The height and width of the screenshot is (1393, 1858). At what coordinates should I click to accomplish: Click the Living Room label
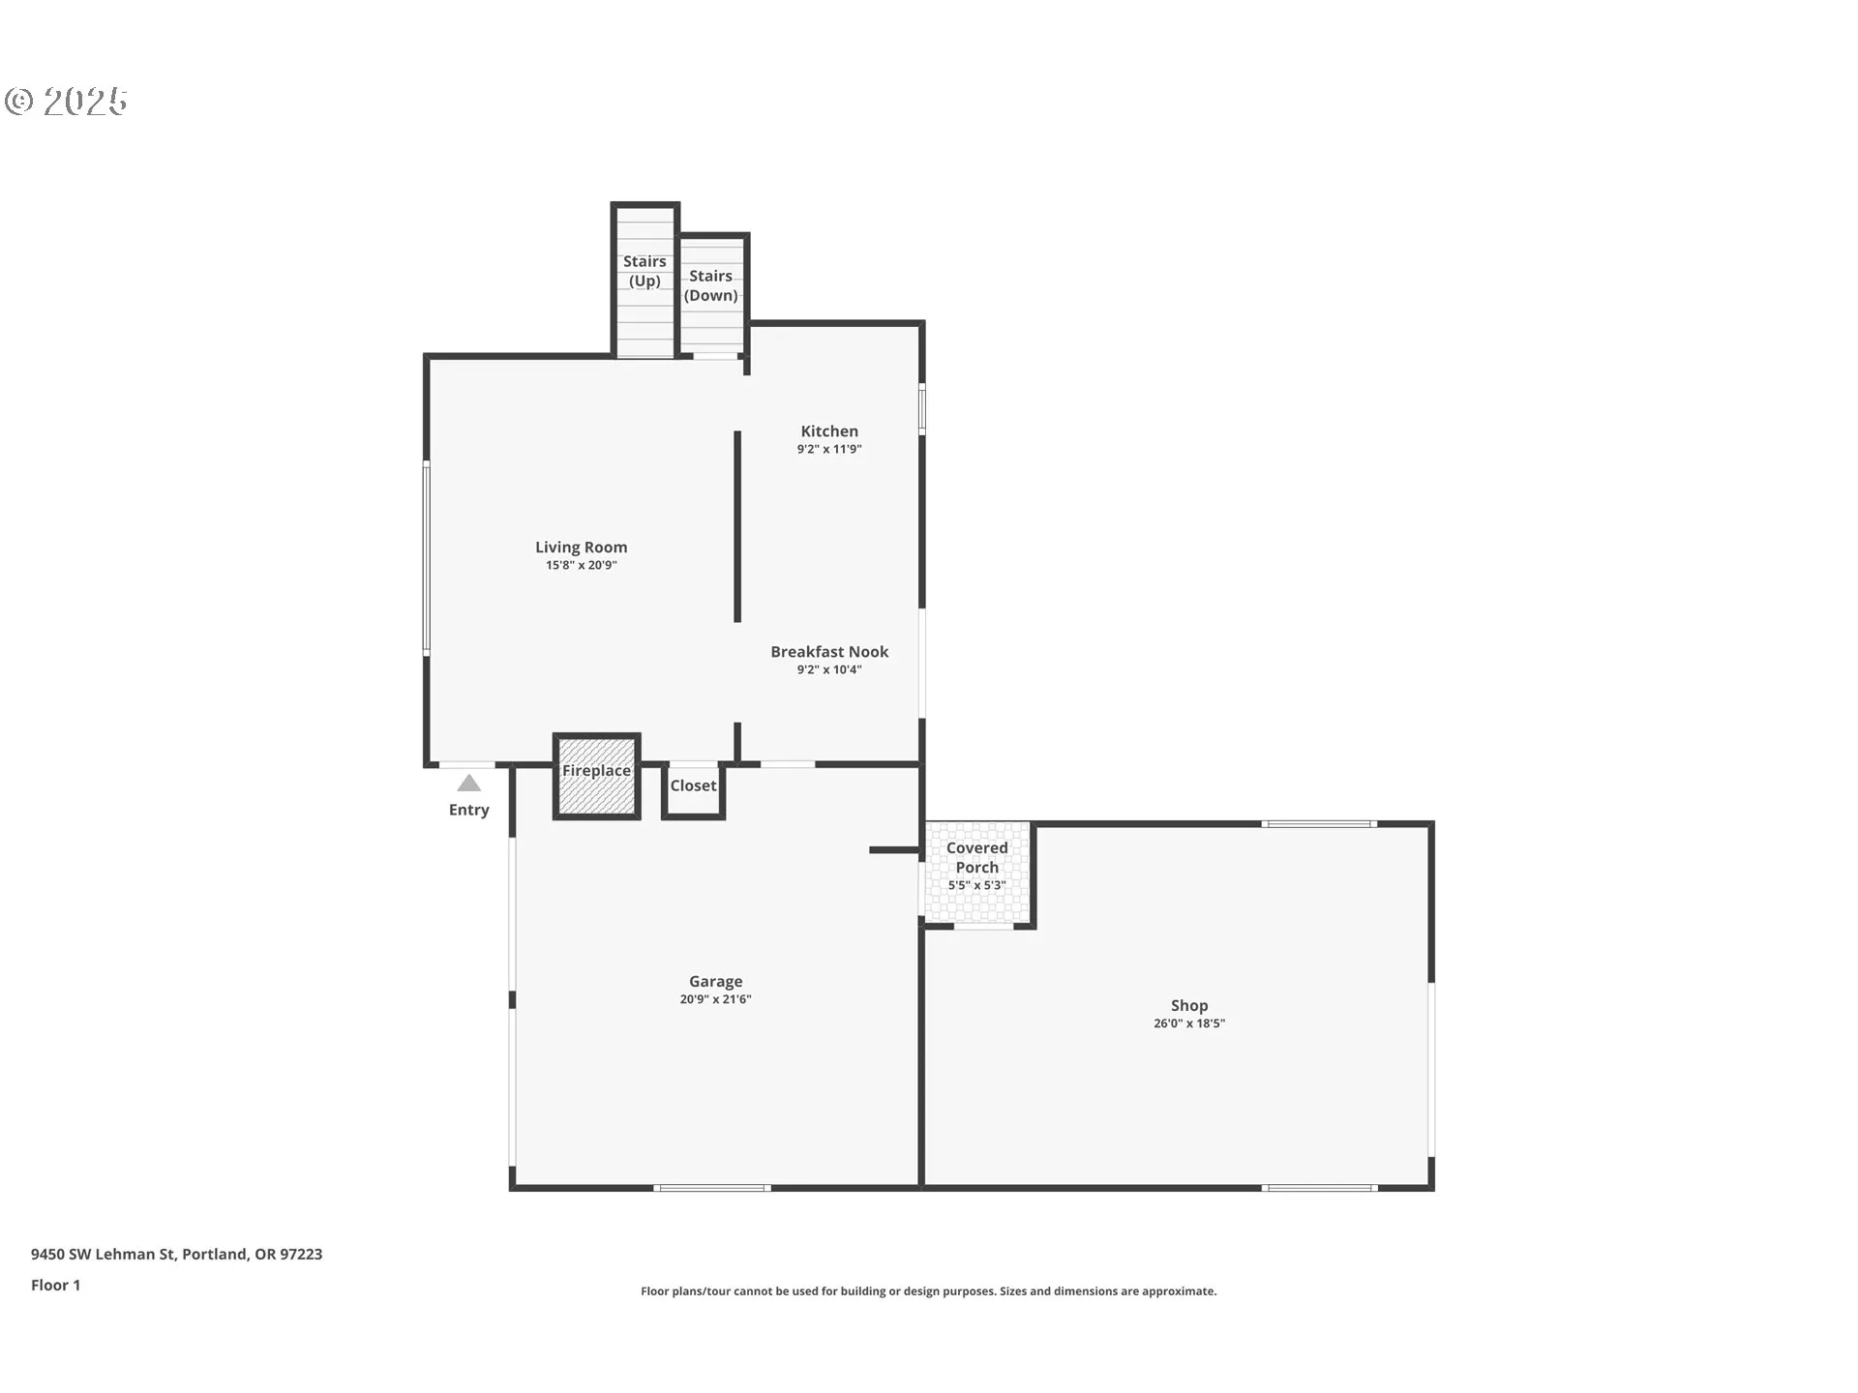(581, 548)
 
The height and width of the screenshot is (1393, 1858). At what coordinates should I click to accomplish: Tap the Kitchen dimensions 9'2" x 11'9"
(829, 449)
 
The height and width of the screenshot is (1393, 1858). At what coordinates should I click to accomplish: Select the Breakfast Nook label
(829, 652)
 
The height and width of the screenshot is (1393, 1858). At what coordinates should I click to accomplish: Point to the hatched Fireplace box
(596, 777)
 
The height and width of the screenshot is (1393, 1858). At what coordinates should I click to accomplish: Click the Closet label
(693, 785)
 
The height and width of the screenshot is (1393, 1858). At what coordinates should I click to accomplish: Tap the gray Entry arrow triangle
(469, 783)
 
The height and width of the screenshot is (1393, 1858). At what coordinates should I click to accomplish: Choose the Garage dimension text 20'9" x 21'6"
(715, 999)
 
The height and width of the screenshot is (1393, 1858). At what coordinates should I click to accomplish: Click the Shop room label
(1189, 1006)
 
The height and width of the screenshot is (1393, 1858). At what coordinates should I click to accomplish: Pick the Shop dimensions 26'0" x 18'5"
(1189, 1023)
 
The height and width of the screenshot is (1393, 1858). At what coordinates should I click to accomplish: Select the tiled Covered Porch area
(977, 874)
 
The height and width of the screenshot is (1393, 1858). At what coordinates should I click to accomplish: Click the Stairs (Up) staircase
(644, 281)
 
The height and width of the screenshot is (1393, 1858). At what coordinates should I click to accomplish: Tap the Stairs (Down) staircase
(712, 295)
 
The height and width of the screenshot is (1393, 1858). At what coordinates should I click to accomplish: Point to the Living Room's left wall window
(426, 558)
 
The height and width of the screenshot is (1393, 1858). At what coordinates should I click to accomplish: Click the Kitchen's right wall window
(922, 408)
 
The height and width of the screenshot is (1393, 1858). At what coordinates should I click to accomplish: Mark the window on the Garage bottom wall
(712, 1187)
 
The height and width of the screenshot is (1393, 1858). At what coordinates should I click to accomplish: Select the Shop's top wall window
(1318, 824)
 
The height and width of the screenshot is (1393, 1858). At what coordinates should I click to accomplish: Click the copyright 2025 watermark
(66, 102)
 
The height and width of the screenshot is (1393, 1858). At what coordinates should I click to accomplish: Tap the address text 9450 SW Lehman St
(104, 1254)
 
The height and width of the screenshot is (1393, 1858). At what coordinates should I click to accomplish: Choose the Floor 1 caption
(55, 1285)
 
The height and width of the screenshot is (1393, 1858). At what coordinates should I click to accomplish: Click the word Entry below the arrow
(469, 811)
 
